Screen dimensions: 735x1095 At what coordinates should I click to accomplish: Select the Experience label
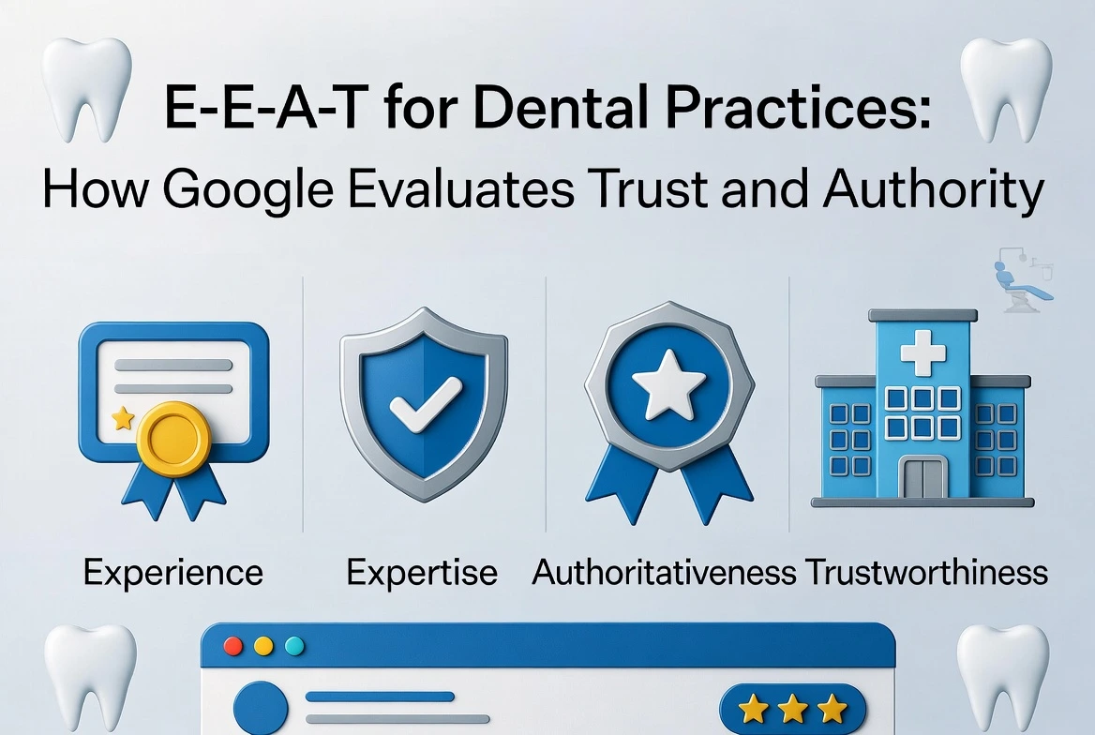172,571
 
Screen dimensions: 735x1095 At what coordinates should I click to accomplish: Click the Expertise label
422,571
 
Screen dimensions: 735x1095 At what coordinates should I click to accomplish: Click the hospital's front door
922,477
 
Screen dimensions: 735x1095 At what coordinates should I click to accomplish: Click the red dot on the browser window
235,646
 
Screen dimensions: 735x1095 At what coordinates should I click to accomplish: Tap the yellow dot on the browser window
264,646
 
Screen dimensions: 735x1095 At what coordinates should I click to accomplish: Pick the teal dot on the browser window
293,646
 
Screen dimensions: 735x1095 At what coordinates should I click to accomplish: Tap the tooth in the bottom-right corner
1002,675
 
